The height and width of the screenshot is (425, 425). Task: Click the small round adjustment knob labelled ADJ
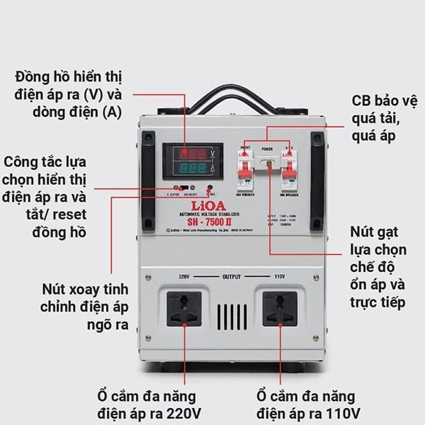pos(210,190)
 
